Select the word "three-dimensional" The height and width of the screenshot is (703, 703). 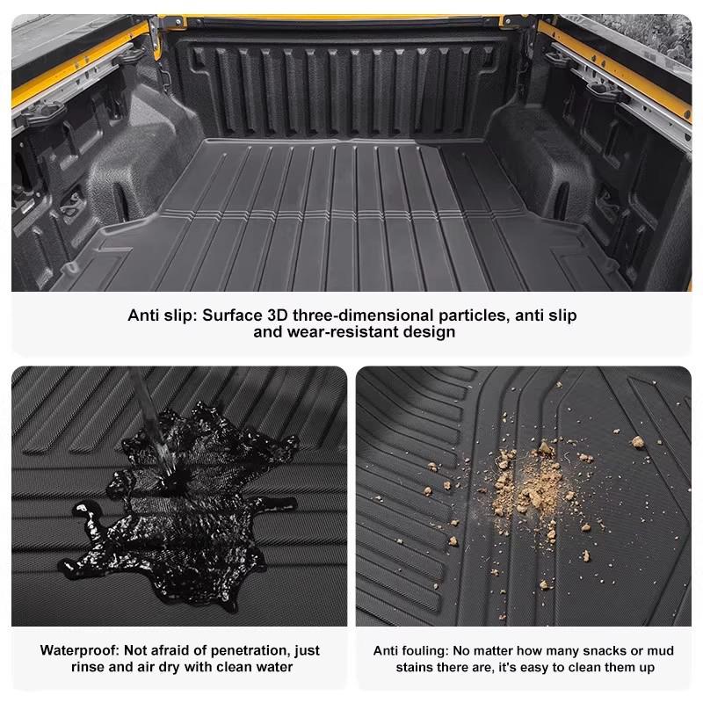tap(368, 315)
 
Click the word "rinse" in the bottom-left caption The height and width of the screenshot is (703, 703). tap(90, 668)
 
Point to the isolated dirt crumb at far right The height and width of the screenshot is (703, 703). tap(638, 442)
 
